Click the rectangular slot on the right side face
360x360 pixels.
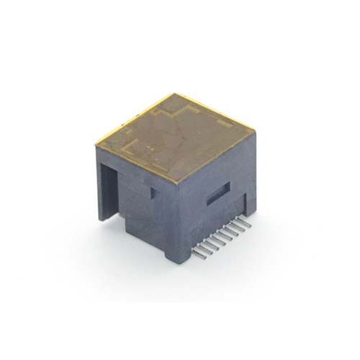pos(218,193)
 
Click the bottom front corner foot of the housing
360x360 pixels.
pos(173,257)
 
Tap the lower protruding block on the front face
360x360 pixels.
pos(144,230)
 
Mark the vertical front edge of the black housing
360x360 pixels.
pos(174,216)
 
